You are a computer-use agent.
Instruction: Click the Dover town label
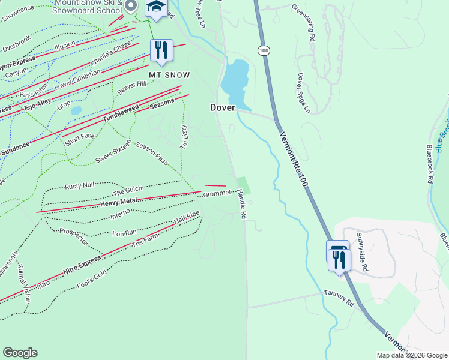point(221,107)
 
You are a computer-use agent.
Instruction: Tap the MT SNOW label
point(170,75)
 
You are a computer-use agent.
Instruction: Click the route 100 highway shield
point(264,50)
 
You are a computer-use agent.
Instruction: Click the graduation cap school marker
point(156,7)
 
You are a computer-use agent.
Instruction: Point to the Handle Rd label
point(241,203)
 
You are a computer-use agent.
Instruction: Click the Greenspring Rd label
point(303,22)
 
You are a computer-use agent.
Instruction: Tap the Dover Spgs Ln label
point(303,93)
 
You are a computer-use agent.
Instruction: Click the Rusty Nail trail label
point(80,186)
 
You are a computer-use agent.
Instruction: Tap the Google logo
point(20,353)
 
